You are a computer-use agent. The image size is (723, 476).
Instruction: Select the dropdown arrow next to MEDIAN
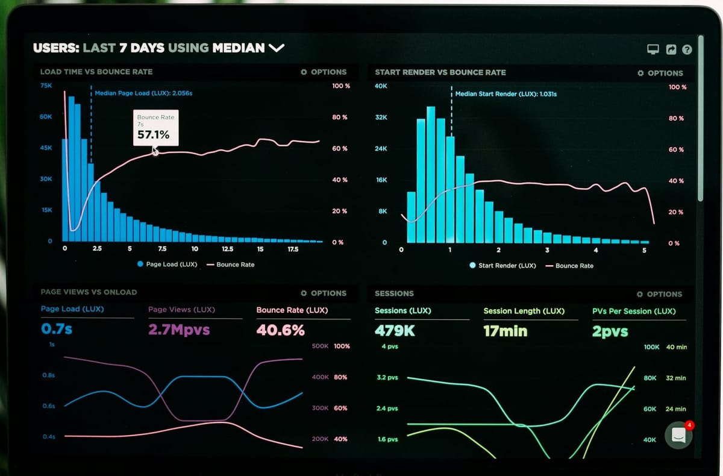277,48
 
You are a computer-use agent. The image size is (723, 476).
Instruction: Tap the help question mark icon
687,50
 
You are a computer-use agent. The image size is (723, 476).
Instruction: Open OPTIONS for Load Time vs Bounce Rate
324,72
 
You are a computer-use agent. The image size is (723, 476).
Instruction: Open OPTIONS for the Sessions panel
660,294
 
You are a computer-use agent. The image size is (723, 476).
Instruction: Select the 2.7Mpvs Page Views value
179,330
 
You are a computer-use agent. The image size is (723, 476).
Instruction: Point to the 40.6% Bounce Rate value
280,330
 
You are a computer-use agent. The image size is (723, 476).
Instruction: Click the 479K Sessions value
395,331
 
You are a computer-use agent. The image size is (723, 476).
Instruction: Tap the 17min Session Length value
505,331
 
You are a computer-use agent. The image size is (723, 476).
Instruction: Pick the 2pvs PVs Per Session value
610,331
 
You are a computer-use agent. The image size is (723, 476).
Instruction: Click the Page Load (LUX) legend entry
167,265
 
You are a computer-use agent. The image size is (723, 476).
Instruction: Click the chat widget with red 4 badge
678,435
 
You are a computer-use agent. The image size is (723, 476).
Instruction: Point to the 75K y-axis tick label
46,86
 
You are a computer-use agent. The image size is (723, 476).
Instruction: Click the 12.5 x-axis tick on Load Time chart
227,249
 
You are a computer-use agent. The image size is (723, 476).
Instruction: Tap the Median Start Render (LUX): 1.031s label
505,94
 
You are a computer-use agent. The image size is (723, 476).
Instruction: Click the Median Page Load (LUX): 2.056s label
143,93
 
